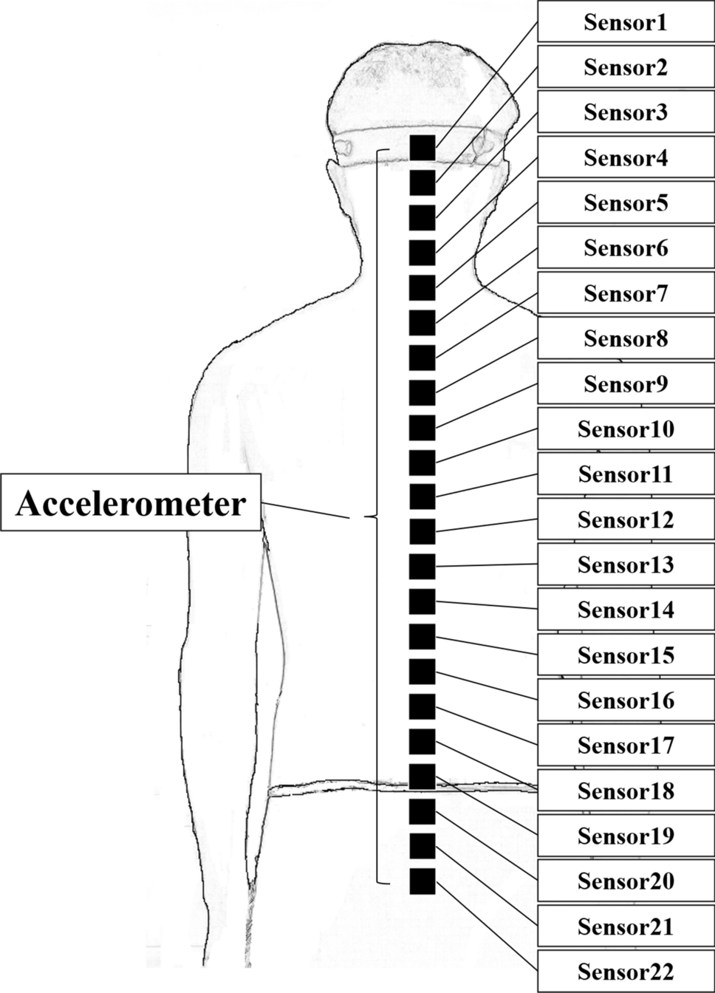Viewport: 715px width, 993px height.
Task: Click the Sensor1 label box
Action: pyautogui.click(x=626, y=22)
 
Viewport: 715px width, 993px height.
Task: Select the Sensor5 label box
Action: pyautogui.click(x=626, y=202)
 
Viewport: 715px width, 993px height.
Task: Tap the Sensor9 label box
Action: pyautogui.click(x=626, y=383)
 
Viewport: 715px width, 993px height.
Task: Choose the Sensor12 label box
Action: pyautogui.click(x=626, y=519)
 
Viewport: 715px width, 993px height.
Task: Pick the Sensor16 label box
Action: pyautogui.click(x=626, y=700)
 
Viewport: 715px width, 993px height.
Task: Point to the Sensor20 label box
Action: pyautogui.click(x=626, y=881)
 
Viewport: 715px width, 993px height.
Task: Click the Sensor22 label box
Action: pyautogui.click(x=626, y=971)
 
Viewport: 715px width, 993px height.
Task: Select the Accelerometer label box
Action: pyautogui.click(x=131, y=503)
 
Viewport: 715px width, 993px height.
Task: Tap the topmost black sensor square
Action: pyautogui.click(x=422, y=148)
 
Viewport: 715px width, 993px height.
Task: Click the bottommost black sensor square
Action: pyautogui.click(x=422, y=881)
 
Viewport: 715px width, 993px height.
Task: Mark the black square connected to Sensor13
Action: pyautogui.click(x=422, y=567)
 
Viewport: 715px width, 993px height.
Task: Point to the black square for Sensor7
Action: pyautogui.click(x=422, y=358)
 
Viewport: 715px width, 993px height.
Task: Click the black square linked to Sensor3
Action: pyautogui.click(x=422, y=218)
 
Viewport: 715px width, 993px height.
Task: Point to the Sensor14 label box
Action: pyautogui.click(x=626, y=610)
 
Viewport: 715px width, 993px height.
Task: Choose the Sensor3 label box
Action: pyautogui.click(x=626, y=112)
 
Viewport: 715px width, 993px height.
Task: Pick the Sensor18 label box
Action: pyautogui.click(x=626, y=791)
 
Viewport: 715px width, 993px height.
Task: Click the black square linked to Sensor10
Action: pyautogui.click(x=422, y=463)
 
